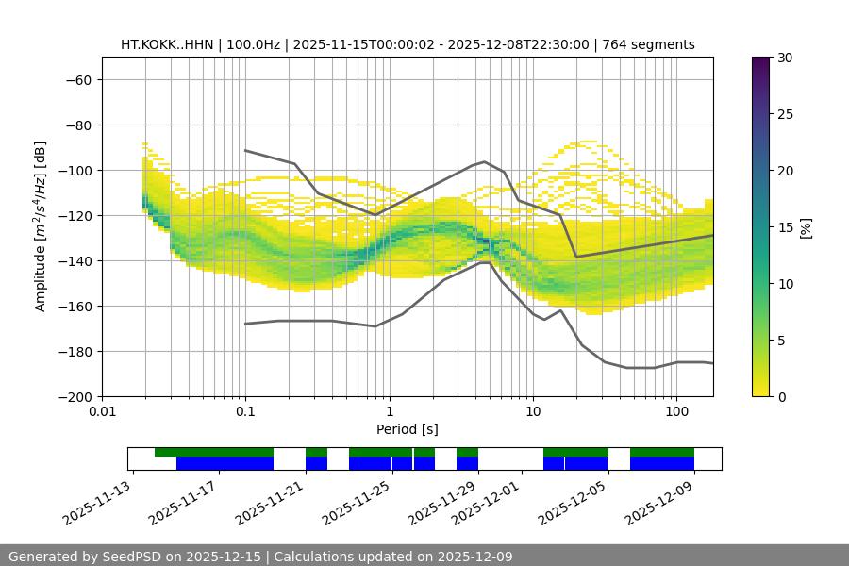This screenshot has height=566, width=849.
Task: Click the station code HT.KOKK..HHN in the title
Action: [x=169, y=44]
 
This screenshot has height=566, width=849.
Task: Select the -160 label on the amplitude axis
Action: [x=75, y=306]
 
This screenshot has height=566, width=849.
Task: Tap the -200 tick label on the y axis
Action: [x=75, y=396]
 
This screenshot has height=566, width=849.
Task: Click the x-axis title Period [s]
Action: [x=408, y=429]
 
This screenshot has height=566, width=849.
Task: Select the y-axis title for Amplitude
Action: [x=41, y=226]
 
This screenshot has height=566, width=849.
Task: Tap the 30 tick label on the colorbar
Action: [x=784, y=58]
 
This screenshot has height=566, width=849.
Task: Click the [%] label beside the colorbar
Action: [x=806, y=226]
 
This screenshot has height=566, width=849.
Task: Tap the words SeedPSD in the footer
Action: [x=132, y=557]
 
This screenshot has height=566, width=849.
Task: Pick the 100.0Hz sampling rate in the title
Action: [x=254, y=44]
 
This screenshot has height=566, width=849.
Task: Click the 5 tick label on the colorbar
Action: [x=780, y=340]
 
